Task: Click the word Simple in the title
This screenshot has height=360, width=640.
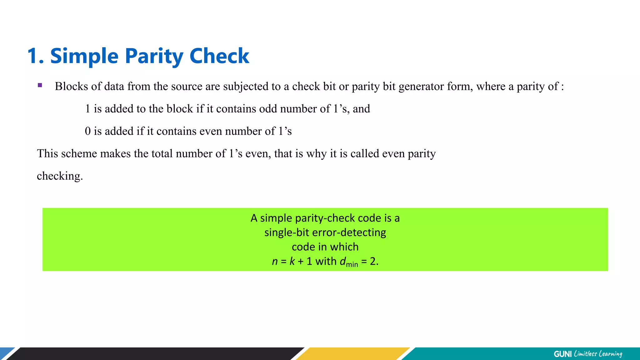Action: [x=84, y=56]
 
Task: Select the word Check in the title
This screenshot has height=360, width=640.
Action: [x=219, y=56]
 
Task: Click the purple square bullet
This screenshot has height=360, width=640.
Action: [x=40, y=85]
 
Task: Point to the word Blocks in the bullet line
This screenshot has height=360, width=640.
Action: [x=71, y=86]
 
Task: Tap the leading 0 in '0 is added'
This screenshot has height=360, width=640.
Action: [x=88, y=131]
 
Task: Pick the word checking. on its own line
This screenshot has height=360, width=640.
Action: [x=60, y=176]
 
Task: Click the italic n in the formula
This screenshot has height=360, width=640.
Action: [x=275, y=261]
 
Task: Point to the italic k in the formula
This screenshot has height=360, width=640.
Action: [x=292, y=261]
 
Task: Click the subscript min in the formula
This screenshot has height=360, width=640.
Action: [x=352, y=264]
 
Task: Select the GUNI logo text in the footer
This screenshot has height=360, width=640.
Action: [x=562, y=354]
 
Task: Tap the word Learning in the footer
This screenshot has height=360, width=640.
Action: [x=610, y=354]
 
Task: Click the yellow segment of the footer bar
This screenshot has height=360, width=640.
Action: [x=353, y=354]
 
